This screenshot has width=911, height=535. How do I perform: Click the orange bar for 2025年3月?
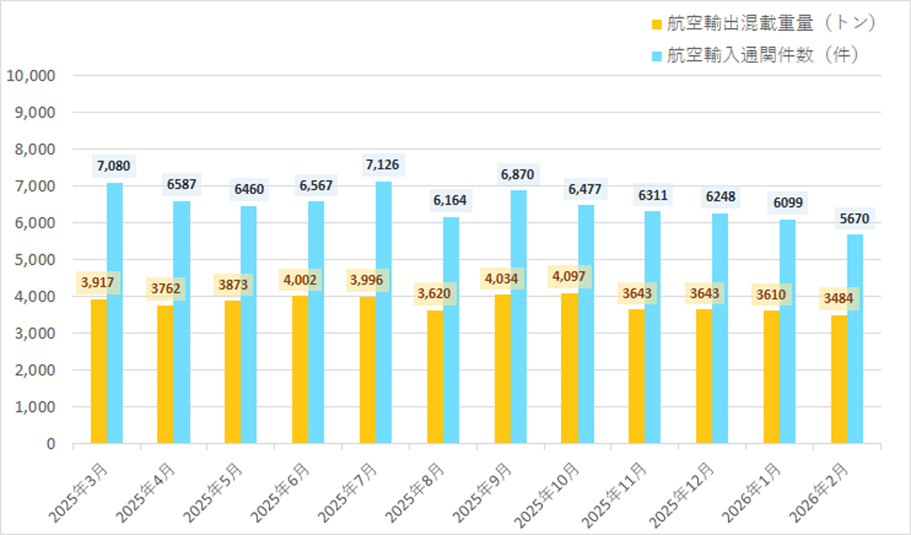pos(99,371)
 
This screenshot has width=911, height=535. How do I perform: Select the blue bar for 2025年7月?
pos(383,312)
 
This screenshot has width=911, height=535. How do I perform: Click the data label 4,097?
pos(570,275)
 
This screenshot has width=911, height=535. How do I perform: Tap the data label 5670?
pos(855,219)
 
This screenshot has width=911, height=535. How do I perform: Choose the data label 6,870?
pos(518,175)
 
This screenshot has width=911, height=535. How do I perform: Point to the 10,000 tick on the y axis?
pos(30,76)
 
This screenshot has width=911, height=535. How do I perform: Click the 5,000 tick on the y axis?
pos(35,260)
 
